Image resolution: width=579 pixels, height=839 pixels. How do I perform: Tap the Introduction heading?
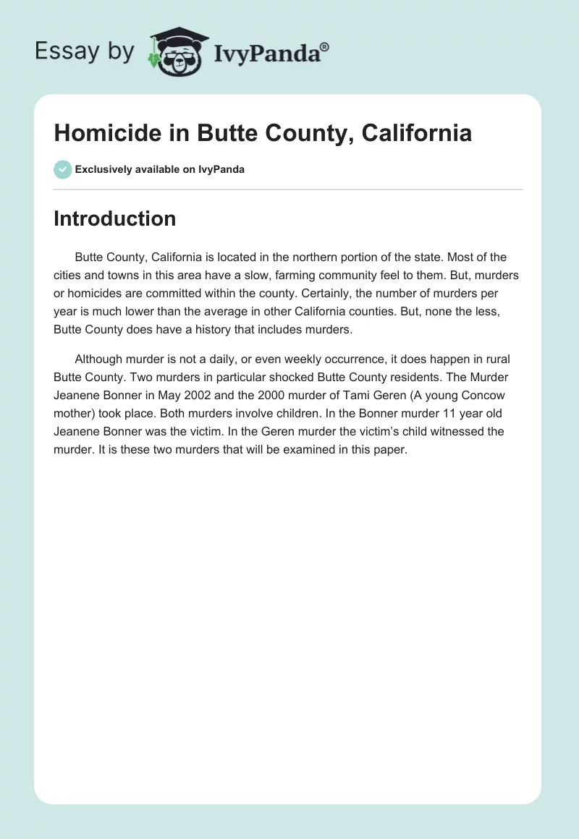(x=114, y=218)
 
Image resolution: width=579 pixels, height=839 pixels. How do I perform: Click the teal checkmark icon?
(x=62, y=169)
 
